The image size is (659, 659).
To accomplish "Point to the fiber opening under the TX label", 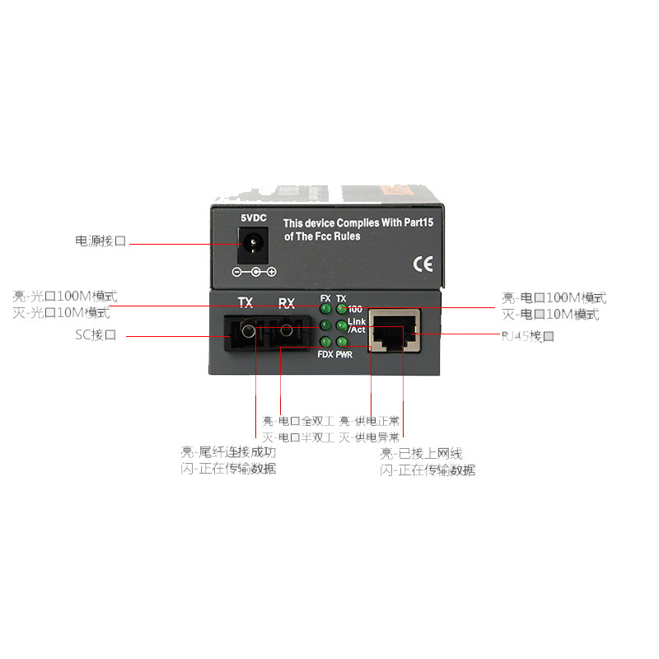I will point(245,334).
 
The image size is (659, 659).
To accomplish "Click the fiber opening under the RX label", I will point(285,334).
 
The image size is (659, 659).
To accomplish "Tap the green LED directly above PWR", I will point(341,342).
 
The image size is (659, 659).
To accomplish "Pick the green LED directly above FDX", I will point(325,342).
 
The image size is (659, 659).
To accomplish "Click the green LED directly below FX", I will point(325,309).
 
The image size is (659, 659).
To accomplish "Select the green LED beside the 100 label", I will point(341,309).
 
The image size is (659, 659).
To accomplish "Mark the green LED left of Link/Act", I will point(341,325).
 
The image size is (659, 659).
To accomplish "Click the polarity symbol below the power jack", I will point(254,272).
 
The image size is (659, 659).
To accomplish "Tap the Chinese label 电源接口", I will point(100,242).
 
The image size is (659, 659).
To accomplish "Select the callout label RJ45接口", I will point(528,336).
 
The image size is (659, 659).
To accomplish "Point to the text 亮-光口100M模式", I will point(65,297).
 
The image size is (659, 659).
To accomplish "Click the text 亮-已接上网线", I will point(421,454).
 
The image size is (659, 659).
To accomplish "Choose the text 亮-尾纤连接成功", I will point(228,452).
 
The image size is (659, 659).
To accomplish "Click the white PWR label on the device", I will point(344,354).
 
